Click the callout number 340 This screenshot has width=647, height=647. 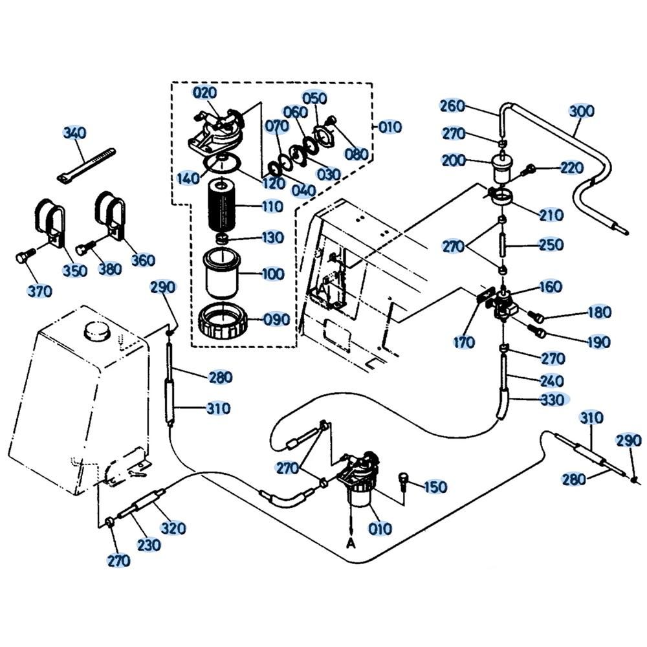pos(74,133)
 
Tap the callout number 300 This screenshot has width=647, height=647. pos(582,111)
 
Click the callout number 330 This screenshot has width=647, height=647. pos(551,400)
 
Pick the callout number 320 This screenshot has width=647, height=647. pos(173,528)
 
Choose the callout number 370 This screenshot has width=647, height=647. pos(40,292)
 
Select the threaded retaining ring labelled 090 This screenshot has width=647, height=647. pos(222,320)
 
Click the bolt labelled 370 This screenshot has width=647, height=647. pos(23,259)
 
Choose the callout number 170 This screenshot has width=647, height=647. pos(464,342)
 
